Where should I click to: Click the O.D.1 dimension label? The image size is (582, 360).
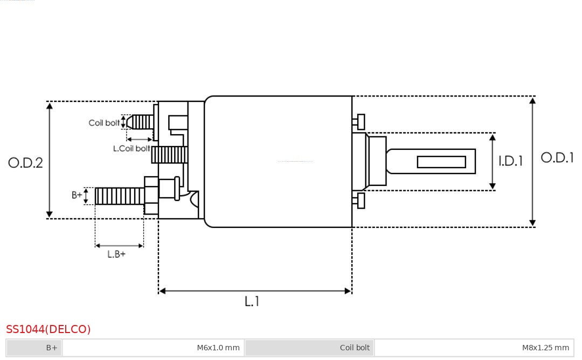pos(557,158)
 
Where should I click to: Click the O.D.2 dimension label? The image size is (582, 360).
pos(25,163)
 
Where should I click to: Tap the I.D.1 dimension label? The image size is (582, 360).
pos(511,161)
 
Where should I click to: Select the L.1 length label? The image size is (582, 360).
pos(252,301)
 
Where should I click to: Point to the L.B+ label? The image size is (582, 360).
pos(116,254)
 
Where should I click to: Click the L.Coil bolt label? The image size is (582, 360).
pos(131,148)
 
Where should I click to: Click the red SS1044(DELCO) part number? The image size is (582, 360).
pos(48,329)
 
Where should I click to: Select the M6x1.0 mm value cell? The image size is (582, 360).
pos(153,348)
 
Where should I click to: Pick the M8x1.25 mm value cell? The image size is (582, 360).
pos(474,348)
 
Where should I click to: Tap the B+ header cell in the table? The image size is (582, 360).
pos(34,348)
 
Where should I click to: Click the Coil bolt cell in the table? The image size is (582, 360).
pos(309,348)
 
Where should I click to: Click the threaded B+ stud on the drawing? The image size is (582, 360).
pos(120,196)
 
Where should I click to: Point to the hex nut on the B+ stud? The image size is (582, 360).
pos(151,196)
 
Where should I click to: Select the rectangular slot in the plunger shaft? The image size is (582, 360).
pos(441,162)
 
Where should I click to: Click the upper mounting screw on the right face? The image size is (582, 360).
pos(358,122)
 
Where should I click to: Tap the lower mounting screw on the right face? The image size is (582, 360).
pos(358,201)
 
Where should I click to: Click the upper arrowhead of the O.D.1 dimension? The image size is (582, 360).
pos(532,100)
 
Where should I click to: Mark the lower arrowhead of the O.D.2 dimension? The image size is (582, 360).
pos(50,214)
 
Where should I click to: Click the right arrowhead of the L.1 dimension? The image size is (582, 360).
pos(348,291)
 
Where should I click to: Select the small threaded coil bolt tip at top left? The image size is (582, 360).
pos(140,122)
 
